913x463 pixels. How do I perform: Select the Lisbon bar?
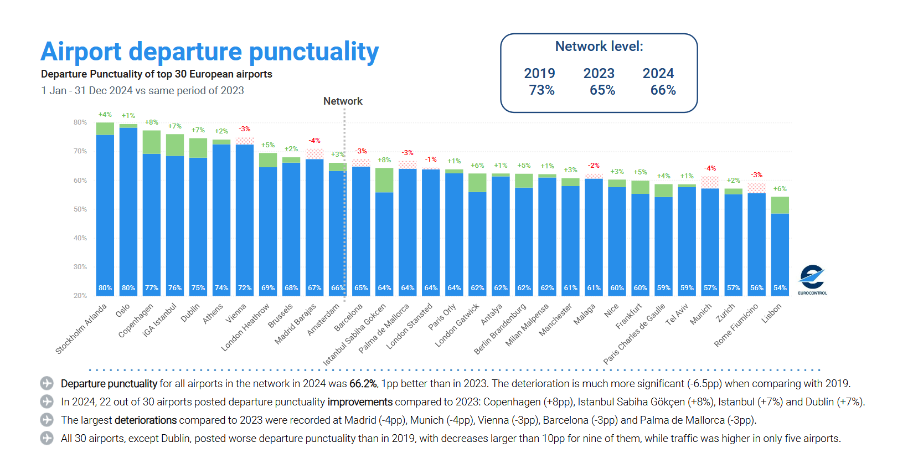click(x=780, y=249)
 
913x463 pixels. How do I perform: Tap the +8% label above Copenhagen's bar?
click(x=152, y=122)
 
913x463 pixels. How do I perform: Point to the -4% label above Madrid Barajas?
click(x=314, y=141)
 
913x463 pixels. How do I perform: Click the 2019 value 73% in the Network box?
click(x=541, y=90)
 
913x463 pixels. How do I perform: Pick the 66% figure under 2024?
click(x=663, y=90)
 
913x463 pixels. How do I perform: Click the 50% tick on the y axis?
click(x=80, y=209)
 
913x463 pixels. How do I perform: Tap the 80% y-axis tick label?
click(x=80, y=122)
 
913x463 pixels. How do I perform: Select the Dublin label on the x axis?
click(x=190, y=313)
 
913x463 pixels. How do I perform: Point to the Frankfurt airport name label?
click(x=629, y=316)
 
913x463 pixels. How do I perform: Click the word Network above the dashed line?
click(x=343, y=101)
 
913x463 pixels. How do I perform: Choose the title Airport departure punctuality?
click(x=209, y=52)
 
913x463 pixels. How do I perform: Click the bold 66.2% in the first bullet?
click(x=363, y=384)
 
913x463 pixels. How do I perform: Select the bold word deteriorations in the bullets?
click(x=146, y=420)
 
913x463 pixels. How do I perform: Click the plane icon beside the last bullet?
click(x=47, y=439)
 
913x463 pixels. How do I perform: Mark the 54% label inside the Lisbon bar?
click(x=780, y=288)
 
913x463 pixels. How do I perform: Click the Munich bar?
click(x=710, y=238)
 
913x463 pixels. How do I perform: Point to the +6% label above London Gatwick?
click(x=477, y=166)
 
